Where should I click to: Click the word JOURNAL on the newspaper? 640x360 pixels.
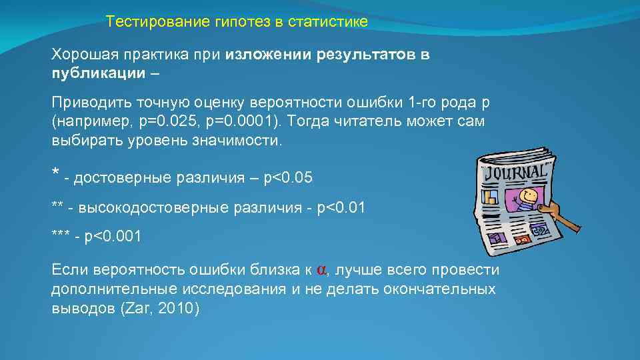pyautogui.click(x=517, y=172)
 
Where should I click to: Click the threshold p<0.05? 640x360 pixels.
pyautogui.click(x=288, y=177)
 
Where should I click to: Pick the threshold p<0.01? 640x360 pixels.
pyautogui.click(x=341, y=207)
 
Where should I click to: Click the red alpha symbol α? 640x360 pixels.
pyautogui.click(x=321, y=271)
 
